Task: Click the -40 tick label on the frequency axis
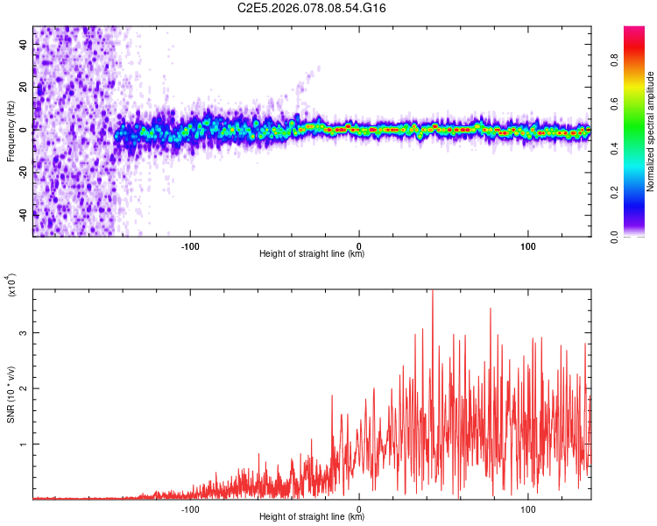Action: (22, 213)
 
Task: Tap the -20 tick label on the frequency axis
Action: (22, 171)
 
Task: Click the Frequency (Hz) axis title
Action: (11, 131)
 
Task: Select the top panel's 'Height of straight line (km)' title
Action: (312, 254)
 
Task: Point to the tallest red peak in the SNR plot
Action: (433, 293)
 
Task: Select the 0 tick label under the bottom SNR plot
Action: (360, 507)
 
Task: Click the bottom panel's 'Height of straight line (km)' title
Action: (312, 517)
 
